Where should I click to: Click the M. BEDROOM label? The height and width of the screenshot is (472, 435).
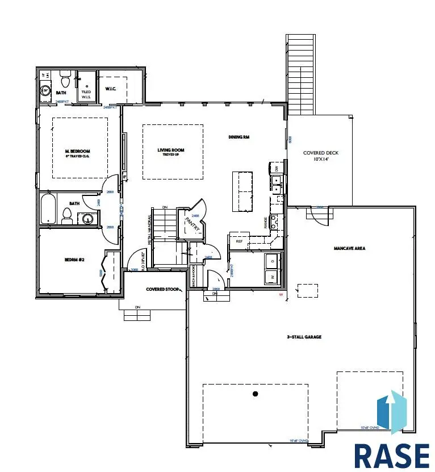(78, 151)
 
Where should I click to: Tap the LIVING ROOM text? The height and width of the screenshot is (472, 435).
(171, 151)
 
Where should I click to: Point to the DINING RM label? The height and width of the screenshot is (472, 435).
(239, 137)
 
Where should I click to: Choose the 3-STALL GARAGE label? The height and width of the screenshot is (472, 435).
(304, 337)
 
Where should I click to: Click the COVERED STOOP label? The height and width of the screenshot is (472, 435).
(163, 290)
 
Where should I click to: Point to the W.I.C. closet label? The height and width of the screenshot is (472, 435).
(111, 89)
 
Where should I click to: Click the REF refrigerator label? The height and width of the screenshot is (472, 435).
(240, 241)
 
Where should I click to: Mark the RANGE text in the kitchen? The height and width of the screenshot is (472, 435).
(266, 223)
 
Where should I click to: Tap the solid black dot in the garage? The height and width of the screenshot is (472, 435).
(256, 394)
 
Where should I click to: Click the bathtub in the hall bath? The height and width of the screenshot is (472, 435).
(47, 208)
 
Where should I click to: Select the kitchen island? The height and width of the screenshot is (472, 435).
(242, 191)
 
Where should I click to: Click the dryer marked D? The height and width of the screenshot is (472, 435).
(273, 261)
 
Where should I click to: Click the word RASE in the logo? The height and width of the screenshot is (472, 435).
(392, 454)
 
